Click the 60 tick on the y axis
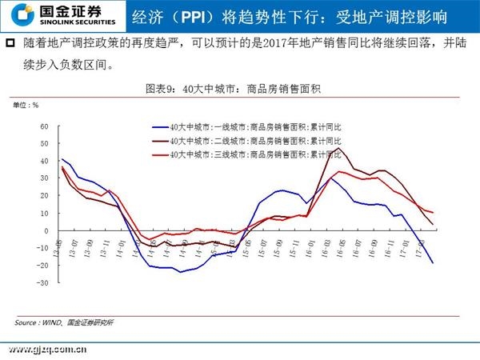[x=45, y=126]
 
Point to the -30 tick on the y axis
[x=44, y=282]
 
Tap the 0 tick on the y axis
[x=46, y=230]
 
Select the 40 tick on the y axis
[x=45, y=161]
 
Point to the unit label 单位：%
[x=25, y=105]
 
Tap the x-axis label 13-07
[x=74, y=241]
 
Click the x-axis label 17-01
[x=404, y=241]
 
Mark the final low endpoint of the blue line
[x=434, y=263]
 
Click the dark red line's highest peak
[x=344, y=148]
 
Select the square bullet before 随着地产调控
[x=10, y=42]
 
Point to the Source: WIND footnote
[x=64, y=322]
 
